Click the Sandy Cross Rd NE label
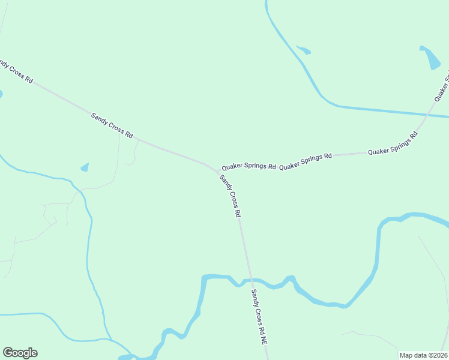259,317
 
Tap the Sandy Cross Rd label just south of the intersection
231,196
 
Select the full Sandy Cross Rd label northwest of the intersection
112,125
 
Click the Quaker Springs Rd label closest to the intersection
249,166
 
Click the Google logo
20,353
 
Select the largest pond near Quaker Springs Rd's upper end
432,58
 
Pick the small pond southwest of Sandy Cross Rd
85,167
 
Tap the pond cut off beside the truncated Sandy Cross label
1,94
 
